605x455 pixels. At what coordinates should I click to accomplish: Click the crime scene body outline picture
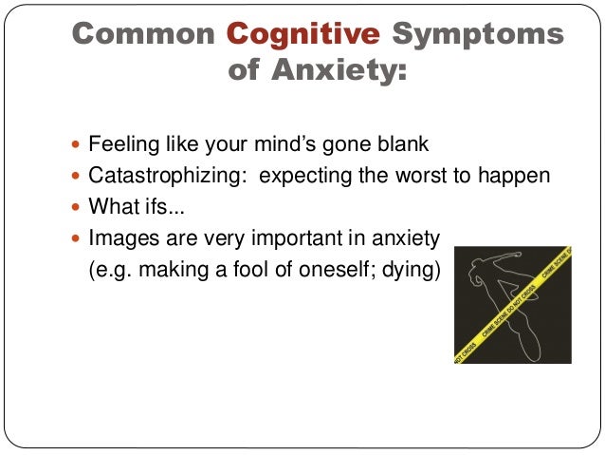512,305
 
